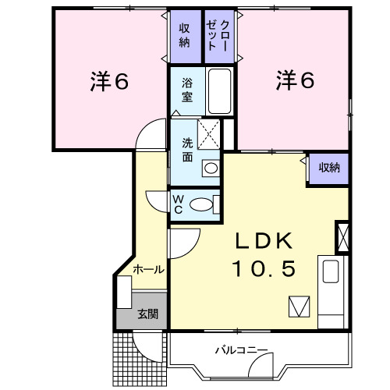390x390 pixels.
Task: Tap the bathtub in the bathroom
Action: pyautogui.click(x=220, y=91)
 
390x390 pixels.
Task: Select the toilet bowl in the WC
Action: pyautogui.click(x=200, y=204)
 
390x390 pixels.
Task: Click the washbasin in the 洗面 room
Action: pyautogui.click(x=211, y=168)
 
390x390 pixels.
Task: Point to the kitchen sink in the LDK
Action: pyautogui.click(x=331, y=271)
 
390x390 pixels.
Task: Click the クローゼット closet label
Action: pyautogui.click(x=217, y=35)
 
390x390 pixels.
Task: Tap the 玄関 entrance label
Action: pyautogui.click(x=147, y=314)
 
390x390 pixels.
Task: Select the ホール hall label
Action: pyautogui.click(x=148, y=270)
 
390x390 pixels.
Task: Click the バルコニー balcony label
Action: pyautogui.click(x=241, y=351)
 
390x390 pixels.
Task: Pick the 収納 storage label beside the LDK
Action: pyautogui.click(x=329, y=168)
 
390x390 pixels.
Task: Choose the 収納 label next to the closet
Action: pyautogui.click(x=184, y=36)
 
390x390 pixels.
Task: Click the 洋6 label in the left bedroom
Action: pyautogui.click(x=109, y=81)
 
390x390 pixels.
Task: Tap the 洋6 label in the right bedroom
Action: pyautogui.click(x=295, y=80)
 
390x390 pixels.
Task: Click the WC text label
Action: pyautogui.click(x=178, y=204)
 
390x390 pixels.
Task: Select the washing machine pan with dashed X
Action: pyautogui.click(x=208, y=134)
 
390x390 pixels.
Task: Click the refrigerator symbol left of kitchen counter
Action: pyautogui.click(x=300, y=307)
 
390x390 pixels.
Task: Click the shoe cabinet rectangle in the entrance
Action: pyautogui.click(x=124, y=292)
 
